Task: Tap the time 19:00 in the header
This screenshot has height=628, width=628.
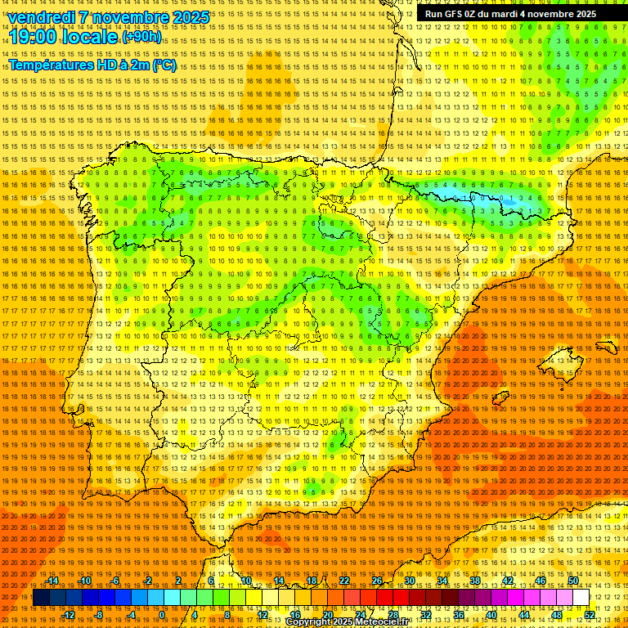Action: click(x=33, y=37)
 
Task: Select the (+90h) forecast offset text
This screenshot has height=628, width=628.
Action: click(x=141, y=37)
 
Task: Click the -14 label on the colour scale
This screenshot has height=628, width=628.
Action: click(x=52, y=581)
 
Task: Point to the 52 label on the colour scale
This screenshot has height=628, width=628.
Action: click(x=590, y=615)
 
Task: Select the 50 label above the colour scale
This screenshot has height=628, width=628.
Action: click(x=573, y=581)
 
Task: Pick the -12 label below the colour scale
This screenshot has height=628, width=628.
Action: click(x=69, y=615)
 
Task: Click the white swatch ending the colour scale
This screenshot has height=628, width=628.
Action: click(x=581, y=598)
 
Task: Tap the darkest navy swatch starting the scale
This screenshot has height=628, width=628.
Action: click(x=41, y=598)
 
